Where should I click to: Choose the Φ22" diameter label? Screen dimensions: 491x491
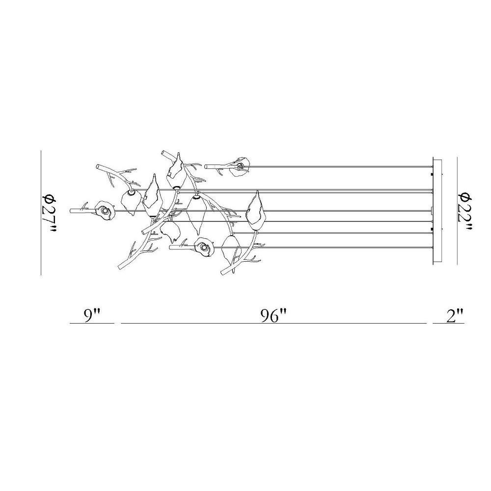(466, 211)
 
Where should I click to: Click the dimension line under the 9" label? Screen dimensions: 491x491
(92, 323)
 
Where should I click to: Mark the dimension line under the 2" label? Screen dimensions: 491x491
(448, 323)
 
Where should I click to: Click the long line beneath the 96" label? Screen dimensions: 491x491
(273, 323)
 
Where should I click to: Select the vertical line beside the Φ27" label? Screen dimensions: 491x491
(41, 213)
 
